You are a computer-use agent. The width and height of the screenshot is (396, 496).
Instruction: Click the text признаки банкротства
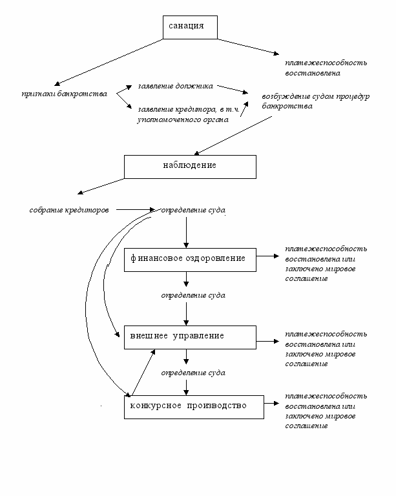(65, 94)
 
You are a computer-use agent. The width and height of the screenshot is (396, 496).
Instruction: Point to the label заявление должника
(176, 86)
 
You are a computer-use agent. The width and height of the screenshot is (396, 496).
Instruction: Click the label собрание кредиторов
(69, 210)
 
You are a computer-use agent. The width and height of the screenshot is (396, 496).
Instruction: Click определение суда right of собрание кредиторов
(193, 210)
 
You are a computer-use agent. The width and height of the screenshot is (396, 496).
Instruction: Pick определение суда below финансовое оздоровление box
(193, 295)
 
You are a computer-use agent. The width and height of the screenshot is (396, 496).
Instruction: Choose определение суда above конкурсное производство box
(193, 373)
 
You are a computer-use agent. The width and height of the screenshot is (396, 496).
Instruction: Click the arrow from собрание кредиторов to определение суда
(136, 209)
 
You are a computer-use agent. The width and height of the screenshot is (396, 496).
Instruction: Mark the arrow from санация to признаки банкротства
(109, 62)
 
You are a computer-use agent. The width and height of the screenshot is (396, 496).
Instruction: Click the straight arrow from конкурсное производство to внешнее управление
(143, 372)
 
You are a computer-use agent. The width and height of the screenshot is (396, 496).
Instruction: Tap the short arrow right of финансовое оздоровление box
(267, 256)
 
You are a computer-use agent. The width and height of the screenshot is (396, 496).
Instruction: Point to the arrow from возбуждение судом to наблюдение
(233, 136)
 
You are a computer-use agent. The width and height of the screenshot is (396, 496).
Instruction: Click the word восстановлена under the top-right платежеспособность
(313, 73)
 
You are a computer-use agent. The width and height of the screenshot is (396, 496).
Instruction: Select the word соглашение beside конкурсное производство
(306, 426)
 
